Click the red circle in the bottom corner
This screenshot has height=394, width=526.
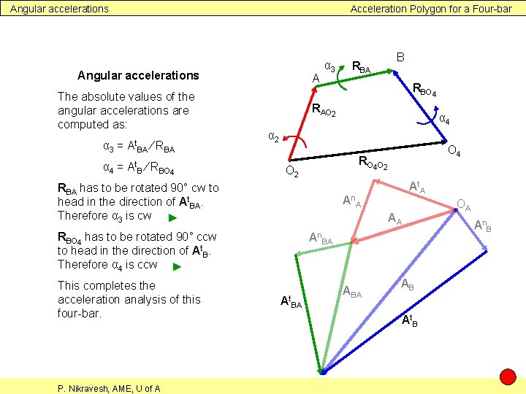point(508,377)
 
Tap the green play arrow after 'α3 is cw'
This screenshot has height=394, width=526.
point(172,217)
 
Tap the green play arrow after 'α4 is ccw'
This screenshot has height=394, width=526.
point(176,266)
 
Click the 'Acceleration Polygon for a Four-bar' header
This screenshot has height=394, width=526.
point(431,9)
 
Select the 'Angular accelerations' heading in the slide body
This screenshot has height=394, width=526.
point(138,75)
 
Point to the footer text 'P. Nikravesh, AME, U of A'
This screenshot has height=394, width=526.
point(109,388)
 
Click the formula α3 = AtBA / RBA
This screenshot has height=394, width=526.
point(139,148)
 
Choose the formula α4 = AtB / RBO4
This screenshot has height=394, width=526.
point(138,171)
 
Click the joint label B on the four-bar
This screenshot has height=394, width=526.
point(400,56)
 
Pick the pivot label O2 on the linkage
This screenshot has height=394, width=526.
point(291,172)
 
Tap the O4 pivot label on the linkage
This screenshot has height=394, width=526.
point(454,152)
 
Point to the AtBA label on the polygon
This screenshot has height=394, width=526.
point(291,302)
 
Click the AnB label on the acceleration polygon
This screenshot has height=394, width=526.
point(482,225)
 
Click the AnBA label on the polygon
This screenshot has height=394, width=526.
point(321,238)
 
